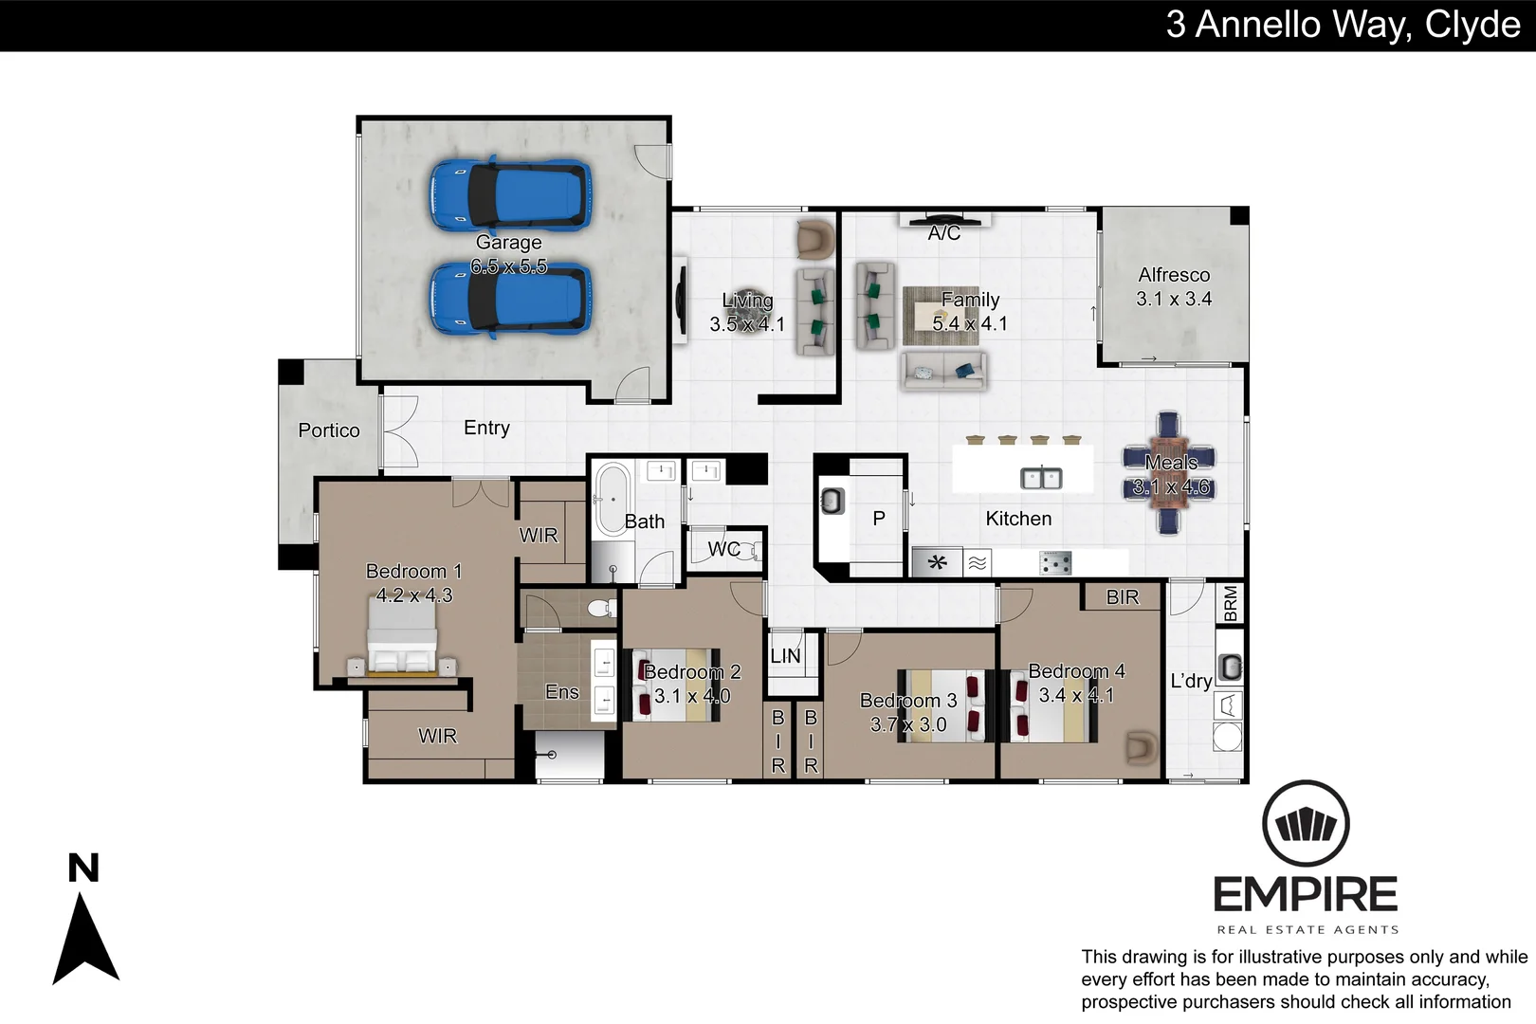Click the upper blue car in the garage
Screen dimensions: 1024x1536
[x=510, y=195]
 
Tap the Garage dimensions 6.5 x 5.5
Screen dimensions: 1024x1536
[x=509, y=267]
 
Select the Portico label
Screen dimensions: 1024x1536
[x=329, y=430]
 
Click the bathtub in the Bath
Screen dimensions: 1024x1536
[x=612, y=500]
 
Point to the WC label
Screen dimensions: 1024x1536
[x=723, y=549]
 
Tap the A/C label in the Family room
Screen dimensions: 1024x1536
[x=944, y=233]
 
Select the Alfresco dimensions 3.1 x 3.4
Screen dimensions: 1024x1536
[x=1174, y=299]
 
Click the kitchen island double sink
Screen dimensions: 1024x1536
[x=1040, y=479]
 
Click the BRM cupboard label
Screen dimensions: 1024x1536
[x=1231, y=603]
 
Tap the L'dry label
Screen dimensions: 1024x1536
[x=1191, y=681]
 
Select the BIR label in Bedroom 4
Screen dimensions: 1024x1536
[x=1123, y=597]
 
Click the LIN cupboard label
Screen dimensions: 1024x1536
[x=785, y=656]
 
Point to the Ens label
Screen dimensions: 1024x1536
[x=562, y=692]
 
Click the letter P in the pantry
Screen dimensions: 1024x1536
[x=879, y=519]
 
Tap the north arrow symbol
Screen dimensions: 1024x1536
[x=85, y=939]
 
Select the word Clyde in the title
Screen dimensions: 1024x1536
[x=1472, y=25]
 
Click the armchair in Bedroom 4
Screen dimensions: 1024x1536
[x=1142, y=747]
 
